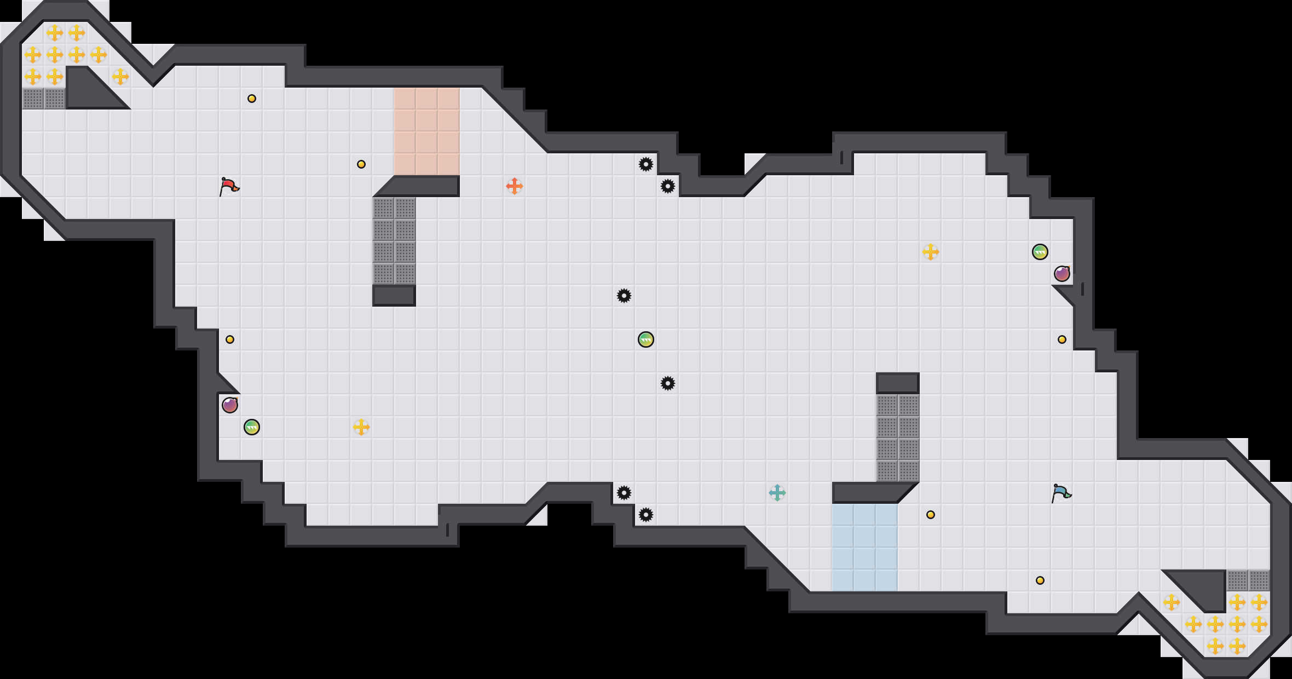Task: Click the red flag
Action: [229, 186]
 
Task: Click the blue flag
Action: [1062, 493]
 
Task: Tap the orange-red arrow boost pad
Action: [514, 186]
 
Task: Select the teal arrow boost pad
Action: [777, 493]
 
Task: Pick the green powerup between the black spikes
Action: [646, 339]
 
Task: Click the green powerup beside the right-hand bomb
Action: [1040, 252]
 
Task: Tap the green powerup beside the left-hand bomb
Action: [252, 427]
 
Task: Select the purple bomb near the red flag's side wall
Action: [230, 405]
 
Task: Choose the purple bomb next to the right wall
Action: [1062, 274]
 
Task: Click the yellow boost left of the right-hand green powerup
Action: [930, 252]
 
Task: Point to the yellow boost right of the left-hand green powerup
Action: [361, 427]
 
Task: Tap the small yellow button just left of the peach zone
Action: [361, 164]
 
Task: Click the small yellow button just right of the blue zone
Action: [931, 515]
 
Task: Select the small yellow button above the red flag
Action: [252, 99]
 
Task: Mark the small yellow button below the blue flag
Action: [1040, 580]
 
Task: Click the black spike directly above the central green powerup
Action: [624, 296]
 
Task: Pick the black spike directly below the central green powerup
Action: [668, 383]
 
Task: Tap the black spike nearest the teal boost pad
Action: [646, 515]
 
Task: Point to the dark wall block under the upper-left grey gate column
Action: [394, 296]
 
